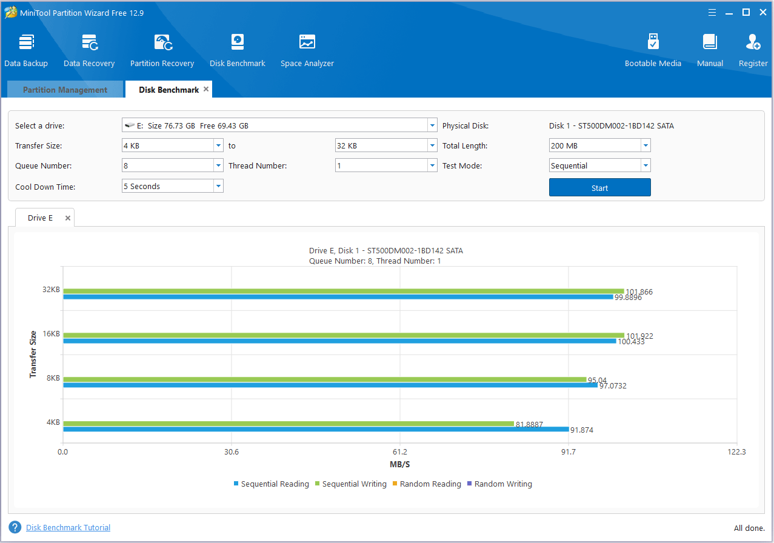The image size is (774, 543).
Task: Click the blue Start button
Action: [599, 188]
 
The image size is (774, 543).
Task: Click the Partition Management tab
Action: [65, 90]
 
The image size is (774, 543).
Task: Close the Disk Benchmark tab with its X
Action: [206, 89]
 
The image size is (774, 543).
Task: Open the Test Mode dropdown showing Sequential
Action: [599, 165]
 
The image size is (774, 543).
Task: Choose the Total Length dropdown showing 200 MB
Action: [599, 145]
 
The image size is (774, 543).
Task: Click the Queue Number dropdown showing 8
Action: [172, 165]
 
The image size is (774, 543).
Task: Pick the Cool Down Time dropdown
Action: [172, 186]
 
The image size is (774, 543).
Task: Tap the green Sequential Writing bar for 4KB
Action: [289, 423]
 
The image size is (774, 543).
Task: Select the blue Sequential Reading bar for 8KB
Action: [330, 385]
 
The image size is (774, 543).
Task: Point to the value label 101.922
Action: [639, 336]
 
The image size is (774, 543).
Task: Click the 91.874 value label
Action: [582, 430]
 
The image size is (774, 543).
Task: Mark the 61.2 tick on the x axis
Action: [399, 451]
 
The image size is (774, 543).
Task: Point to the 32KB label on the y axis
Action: [51, 290]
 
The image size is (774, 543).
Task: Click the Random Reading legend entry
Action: [430, 484]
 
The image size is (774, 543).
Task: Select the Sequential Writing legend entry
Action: [354, 484]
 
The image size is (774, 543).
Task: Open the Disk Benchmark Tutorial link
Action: [68, 528]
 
